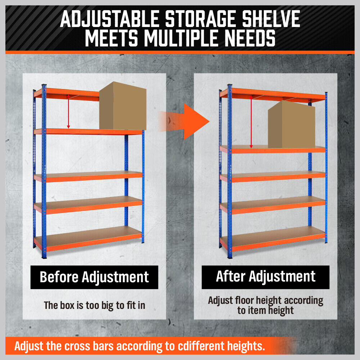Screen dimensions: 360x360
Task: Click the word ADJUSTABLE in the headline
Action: [x=110, y=19]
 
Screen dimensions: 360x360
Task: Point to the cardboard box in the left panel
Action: [x=123, y=106]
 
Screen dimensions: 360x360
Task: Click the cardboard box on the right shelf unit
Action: [x=291, y=125]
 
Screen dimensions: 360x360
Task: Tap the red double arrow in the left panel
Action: [x=68, y=111]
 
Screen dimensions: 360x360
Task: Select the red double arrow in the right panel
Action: [x=251, y=122]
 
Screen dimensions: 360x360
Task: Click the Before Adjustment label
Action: [x=94, y=277]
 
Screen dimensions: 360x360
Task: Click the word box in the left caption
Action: [x=68, y=306]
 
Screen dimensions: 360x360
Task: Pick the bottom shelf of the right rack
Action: [x=273, y=239]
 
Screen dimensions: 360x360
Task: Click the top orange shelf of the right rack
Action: [x=273, y=95]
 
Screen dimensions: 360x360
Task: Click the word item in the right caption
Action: [x=257, y=311]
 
